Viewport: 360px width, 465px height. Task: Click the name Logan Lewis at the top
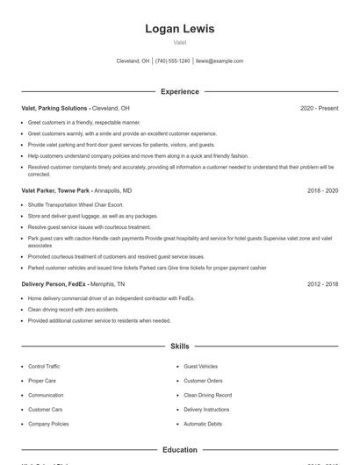coord(179,29)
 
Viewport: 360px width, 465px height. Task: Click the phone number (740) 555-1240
coord(173,61)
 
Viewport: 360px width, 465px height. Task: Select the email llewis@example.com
coord(220,61)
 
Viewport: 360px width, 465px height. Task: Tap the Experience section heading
coord(179,91)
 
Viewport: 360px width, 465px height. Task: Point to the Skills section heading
coord(179,347)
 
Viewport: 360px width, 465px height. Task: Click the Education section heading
coord(179,450)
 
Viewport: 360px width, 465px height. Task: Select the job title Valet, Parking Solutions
coord(55,108)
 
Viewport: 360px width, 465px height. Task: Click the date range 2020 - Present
coord(319,108)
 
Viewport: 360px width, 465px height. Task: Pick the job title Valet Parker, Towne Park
coord(54,190)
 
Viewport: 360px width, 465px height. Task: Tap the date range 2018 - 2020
coord(322,190)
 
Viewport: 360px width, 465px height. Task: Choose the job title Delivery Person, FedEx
coord(54,284)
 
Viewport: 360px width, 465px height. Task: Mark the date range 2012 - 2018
coord(322,284)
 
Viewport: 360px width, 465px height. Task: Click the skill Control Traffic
coord(44,366)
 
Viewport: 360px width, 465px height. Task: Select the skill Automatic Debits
coord(203,424)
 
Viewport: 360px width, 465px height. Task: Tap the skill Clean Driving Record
coord(207,395)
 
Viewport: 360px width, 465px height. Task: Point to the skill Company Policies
coord(48,424)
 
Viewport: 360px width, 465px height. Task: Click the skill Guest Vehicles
coord(200,366)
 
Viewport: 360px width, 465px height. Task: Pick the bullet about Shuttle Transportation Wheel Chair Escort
coord(76,204)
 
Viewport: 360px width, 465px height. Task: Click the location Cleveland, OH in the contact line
coord(133,61)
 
